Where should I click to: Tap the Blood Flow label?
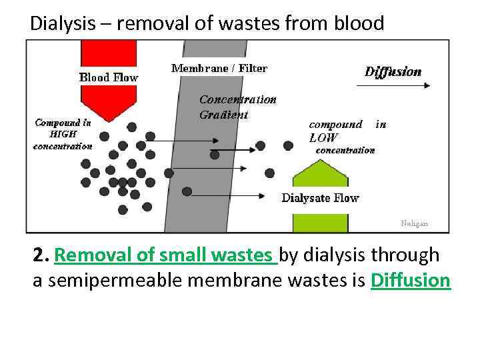[109, 77]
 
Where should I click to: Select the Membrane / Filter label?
[219, 68]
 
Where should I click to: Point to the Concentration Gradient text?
[237, 107]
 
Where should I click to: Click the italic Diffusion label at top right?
[393, 72]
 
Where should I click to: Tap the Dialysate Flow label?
[320, 198]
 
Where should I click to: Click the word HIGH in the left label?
[63, 134]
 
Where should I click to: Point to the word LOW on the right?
[323, 138]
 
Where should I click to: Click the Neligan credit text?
[414, 224]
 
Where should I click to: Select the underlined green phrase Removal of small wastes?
[165, 255]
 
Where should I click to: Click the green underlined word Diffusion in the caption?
[411, 281]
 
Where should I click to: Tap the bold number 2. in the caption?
[41, 255]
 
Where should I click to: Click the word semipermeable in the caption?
[113, 281]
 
